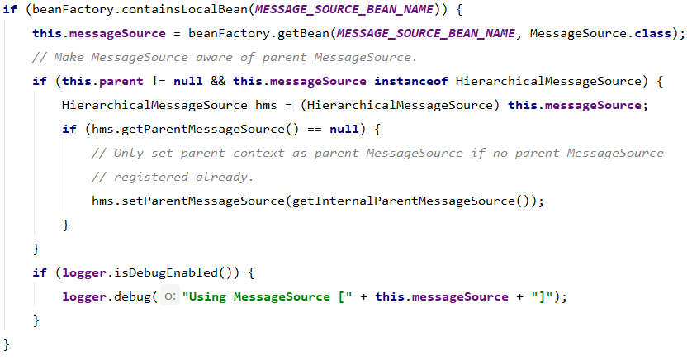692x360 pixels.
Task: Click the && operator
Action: (x=221, y=81)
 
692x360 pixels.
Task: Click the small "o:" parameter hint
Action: (x=169, y=297)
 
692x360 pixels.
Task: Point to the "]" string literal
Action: (x=542, y=296)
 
